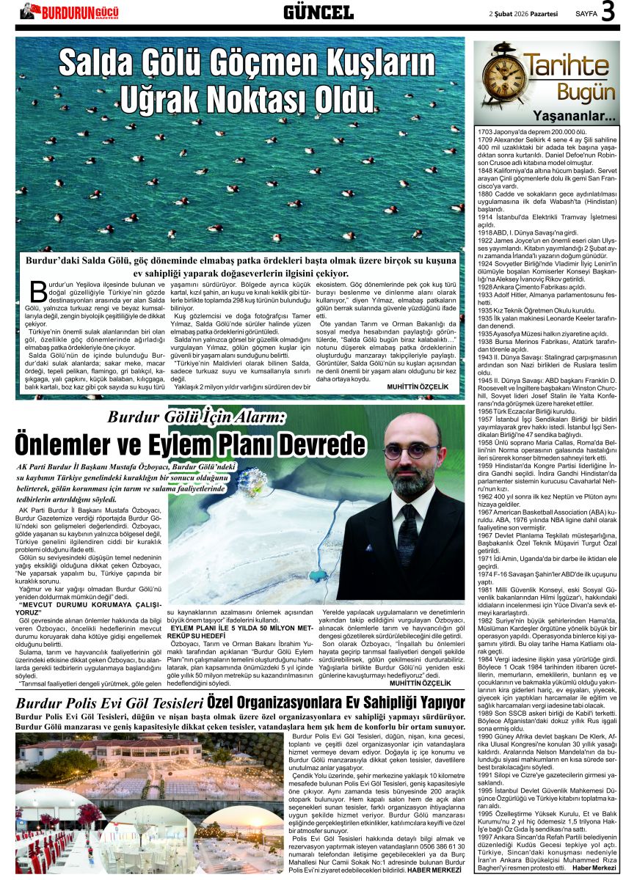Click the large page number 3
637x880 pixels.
click(608, 12)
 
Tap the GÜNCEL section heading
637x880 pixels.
click(318, 12)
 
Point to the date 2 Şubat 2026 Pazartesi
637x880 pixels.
click(523, 13)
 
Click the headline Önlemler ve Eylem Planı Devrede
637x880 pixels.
click(190, 444)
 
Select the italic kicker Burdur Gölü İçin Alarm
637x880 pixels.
click(206, 417)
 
